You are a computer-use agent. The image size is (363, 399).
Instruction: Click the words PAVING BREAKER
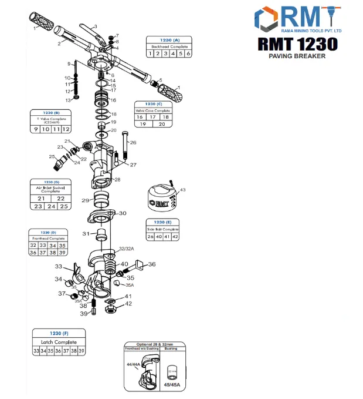click(297, 56)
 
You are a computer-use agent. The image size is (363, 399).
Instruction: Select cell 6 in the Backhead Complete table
click(189, 53)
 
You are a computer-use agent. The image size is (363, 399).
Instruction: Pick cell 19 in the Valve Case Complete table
click(142, 124)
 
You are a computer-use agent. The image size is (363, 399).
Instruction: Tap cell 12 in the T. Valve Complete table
click(66, 129)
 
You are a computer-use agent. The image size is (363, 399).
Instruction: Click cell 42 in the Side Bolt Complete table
click(175, 237)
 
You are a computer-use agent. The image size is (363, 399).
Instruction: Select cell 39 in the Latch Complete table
click(82, 351)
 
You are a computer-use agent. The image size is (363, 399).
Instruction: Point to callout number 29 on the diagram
click(85, 201)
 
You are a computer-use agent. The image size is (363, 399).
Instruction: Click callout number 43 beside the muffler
click(182, 190)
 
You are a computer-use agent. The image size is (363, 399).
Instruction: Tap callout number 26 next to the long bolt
click(133, 143)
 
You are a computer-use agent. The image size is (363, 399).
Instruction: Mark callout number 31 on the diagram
click(85, 234)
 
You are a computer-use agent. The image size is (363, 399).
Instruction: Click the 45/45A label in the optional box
click(171, 385)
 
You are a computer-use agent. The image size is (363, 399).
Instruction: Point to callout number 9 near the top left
click(69, 63)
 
